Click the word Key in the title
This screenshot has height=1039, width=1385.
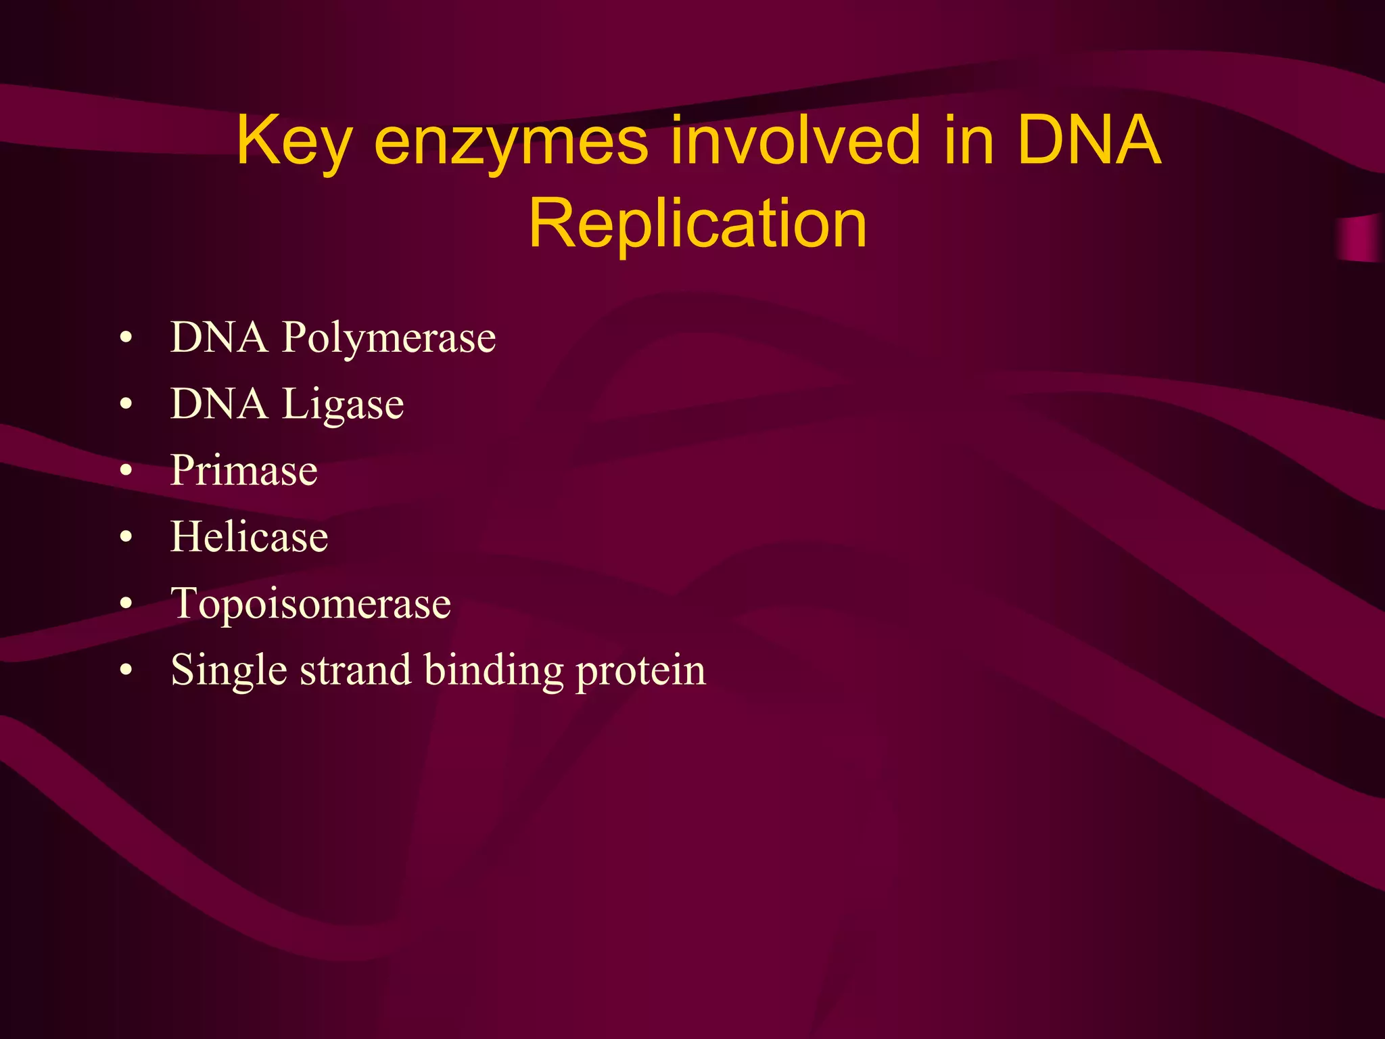point(294,141)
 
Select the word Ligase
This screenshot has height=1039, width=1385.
point(343,405)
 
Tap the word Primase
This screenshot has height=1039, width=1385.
point(243,470)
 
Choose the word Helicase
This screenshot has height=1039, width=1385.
point(249,537)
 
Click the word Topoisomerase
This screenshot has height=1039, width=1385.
point(310,603)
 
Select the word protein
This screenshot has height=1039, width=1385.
point(640,671)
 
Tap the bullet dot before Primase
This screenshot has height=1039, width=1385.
point(126,471)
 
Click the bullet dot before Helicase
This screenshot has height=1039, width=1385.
point(126,538)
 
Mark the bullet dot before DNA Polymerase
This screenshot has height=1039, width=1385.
point(126,338)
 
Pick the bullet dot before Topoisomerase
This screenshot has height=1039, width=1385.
point(126,604)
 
